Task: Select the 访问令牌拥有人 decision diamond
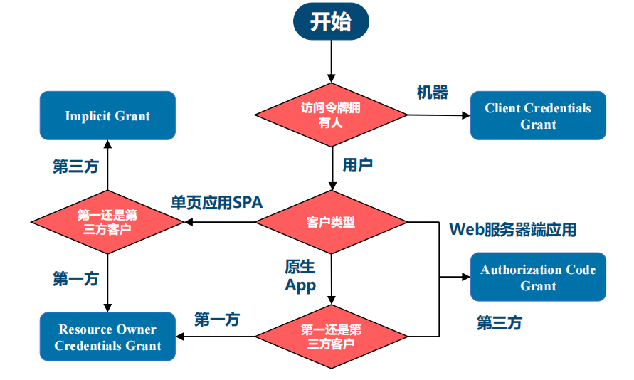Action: pyautogui.click(x=331, y=115)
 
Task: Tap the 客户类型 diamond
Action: pyautogui.click(x=331, y=222)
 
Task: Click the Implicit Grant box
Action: pyautogui.click(x=107, y=115)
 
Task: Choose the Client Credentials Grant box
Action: pyautogui.click(x=538, y=115)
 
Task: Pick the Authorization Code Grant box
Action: pyautogui.click(x=538, y=277)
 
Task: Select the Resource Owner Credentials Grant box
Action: pyautogui.click(x=107, y=337)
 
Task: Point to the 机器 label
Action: pyautogui.click(x=432, y=93)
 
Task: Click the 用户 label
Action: pyautogui.click(x=357, y=165)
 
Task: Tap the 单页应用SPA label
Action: pyautogui.click(x=216, y=202)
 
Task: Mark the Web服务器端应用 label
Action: pyautogui.click(x=512, y=229)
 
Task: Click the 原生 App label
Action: pyautogui.click(x=300, y=275)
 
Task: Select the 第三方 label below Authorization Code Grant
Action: pyautogui.click(x=499, y=323)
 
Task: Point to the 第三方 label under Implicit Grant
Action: pyautogui.click(x=75, y=166)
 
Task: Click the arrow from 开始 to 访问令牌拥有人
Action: pyautogui.click(x=331, y=61)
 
